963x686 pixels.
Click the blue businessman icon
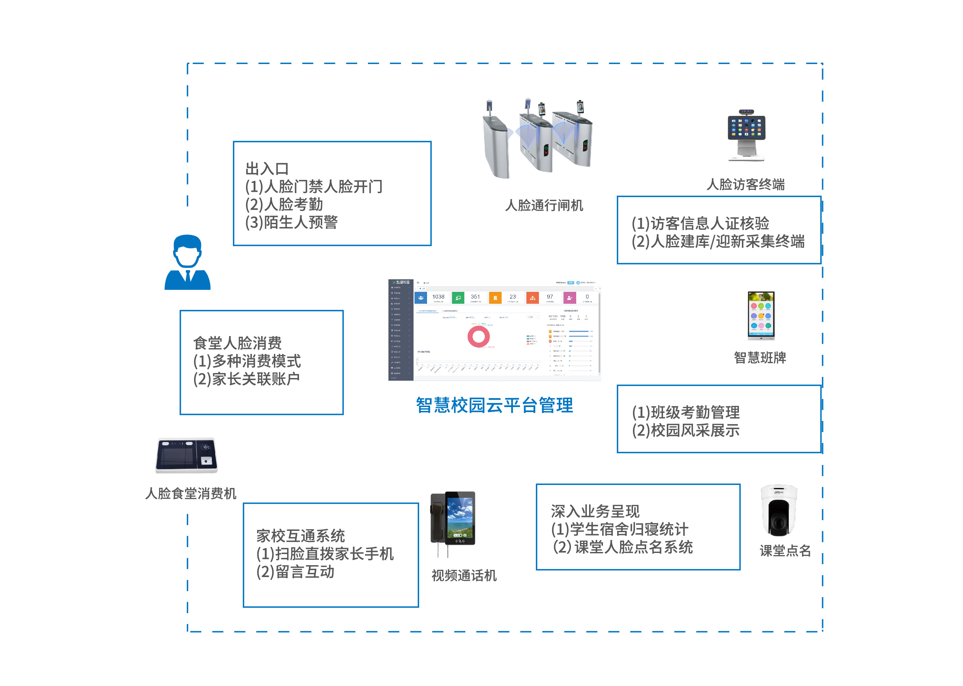(x=187, y=263)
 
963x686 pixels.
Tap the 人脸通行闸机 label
(x=544, y=206)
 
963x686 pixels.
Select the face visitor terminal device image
(x=746, y=135)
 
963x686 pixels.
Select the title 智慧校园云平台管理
(x=494, y=405)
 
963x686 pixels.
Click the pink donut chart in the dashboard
(x=478, y=337)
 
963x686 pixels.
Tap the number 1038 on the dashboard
(x=438, y=297)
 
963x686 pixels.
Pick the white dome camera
(x=779, y=510)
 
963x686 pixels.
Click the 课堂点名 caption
(x=785, y=551)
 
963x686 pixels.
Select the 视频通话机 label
(x=464, y=575)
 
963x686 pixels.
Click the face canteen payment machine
(x=186, y=455)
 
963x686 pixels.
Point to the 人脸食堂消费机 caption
(x=190, y=494)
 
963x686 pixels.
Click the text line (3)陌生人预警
(x=291, y=222)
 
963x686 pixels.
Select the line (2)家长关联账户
(x=246, y=379)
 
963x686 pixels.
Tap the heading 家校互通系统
(x=300, y=535)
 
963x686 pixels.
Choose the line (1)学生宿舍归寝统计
(x=619, y=529)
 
